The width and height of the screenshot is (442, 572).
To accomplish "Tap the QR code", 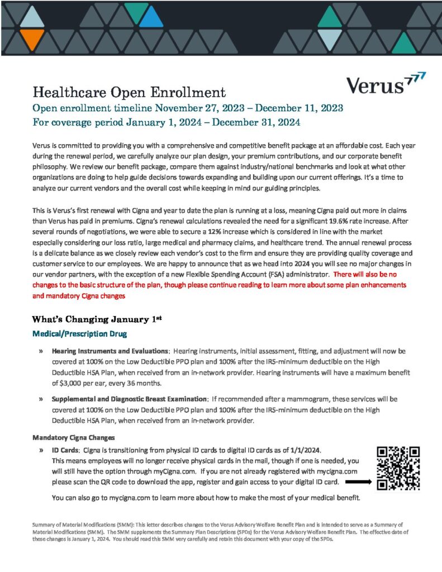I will click(398, 468).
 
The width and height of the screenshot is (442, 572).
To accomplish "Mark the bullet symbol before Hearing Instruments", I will click(41, 351).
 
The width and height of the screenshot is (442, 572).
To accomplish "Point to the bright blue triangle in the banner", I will click(151, 18).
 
